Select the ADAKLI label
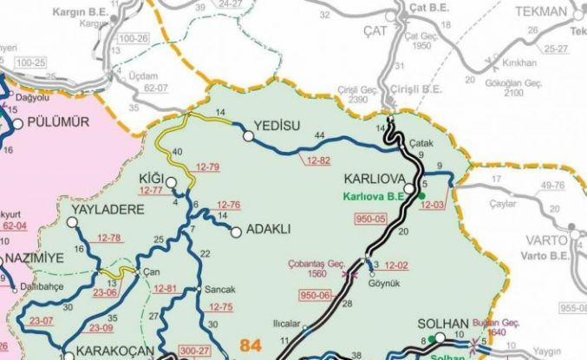269,230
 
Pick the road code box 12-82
318,161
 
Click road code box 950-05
369,217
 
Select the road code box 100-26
131,38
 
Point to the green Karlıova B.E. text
375,196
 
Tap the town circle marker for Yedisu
249,136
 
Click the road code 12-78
109,238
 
